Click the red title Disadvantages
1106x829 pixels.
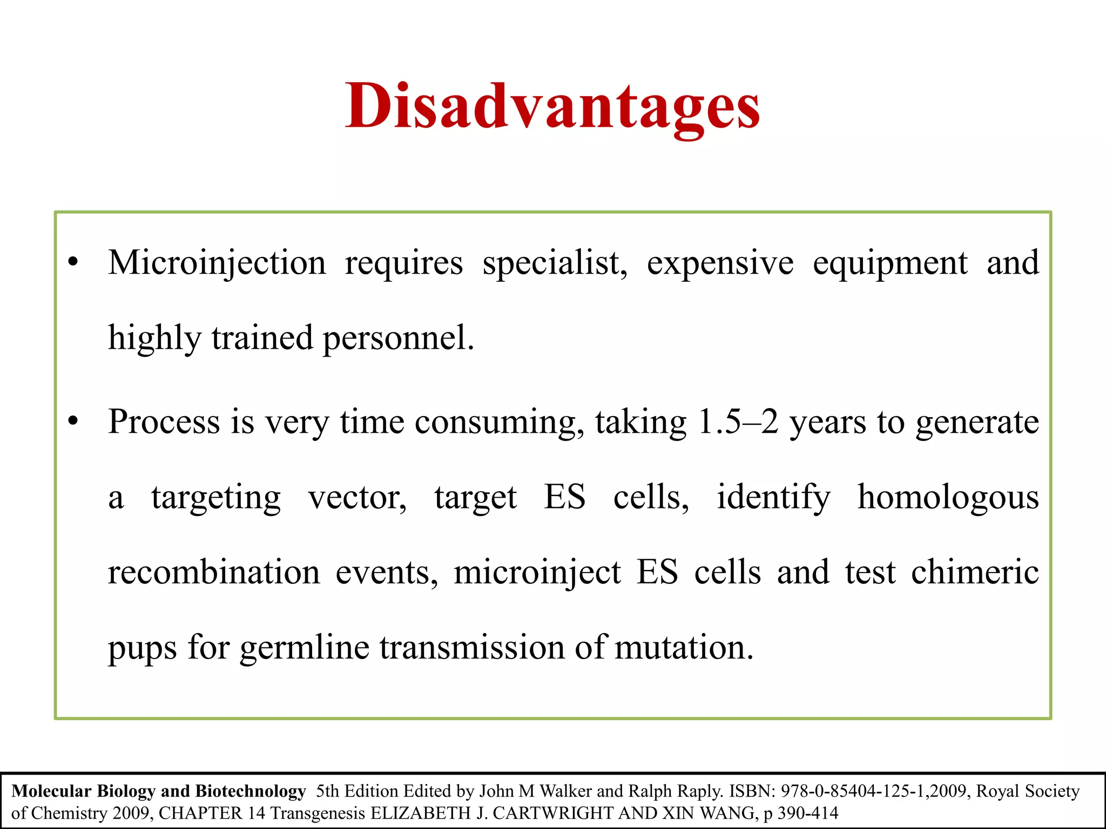tap(552, 106)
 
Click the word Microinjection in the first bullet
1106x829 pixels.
tap(217, 263)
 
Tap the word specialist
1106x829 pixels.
tap(555, 263)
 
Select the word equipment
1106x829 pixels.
tap(890, 263)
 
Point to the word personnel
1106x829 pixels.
tap(398, 338)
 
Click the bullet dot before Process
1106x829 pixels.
tap(73, 422)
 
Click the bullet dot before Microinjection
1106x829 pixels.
tap(73, 263)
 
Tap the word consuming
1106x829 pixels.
tap(499, 422)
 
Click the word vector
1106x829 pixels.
tap(357, 497)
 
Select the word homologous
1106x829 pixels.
tap(948, 497)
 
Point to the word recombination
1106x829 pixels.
tap(214, 572)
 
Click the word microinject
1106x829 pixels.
tap(537, 572)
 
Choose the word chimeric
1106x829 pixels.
tap(975, 572)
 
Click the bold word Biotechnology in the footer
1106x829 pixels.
tap(251, 791)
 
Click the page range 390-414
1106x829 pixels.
tap(808, 813)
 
